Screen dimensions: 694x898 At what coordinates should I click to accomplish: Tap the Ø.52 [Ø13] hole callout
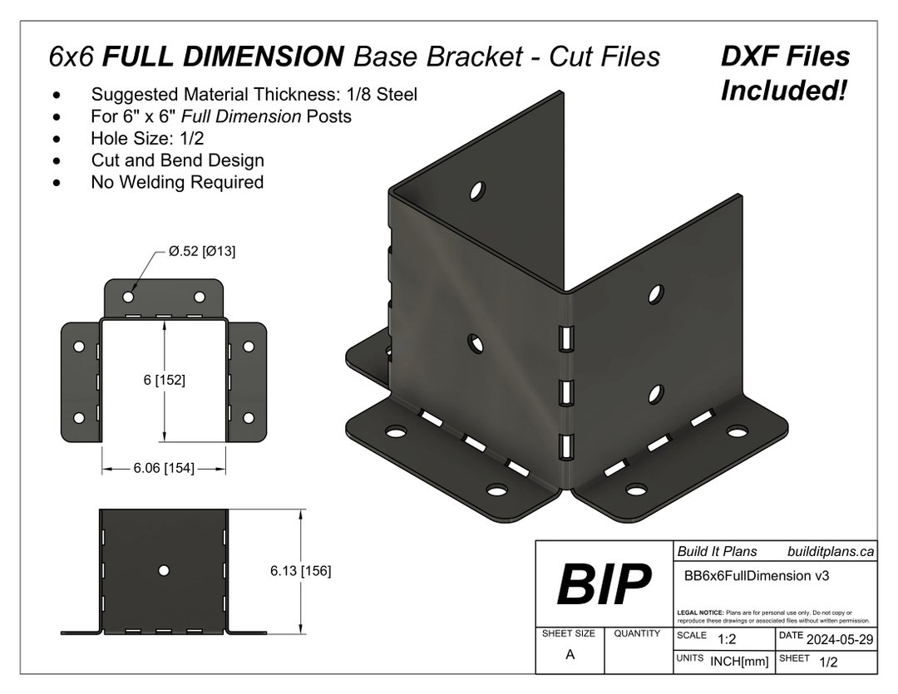202,252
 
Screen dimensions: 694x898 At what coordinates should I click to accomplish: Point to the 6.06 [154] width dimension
164,469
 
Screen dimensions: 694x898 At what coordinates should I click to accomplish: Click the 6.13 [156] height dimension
300,571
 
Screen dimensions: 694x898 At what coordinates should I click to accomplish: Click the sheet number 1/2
828,662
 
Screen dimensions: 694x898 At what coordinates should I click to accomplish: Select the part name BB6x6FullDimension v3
756,575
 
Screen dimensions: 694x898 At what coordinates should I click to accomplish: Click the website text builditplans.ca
830,551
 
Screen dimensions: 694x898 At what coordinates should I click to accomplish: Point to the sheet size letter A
570,654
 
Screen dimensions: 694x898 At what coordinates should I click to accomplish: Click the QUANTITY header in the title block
637,633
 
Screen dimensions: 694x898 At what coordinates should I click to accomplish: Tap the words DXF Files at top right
784,57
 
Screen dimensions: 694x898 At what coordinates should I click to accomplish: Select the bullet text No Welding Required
177,182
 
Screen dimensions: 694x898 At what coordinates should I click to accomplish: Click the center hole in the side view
164,570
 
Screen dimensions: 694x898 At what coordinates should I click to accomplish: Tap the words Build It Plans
717,551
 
